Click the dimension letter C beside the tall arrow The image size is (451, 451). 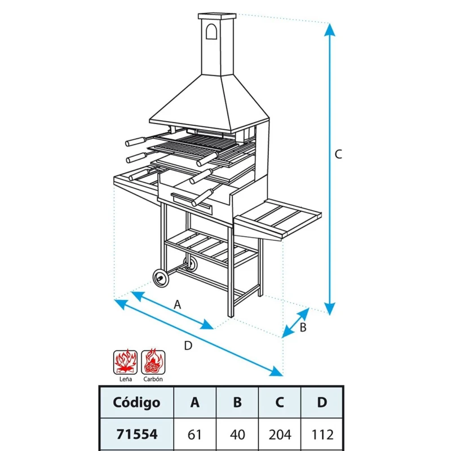(x=338, y=154)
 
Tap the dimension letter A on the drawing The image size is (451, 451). (x=177, y=304)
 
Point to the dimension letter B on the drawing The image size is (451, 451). (x=303, y=328)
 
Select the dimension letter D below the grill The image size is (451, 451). (x=188, y=346)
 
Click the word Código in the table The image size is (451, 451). (x=136, y=403)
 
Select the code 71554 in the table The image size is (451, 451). (x=136, y=435)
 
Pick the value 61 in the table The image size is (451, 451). (x=195, y=435)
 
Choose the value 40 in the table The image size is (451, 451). (x=237, y=435)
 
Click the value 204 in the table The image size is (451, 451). (x=280, y=435)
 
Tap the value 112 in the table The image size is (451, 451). (x=322, y=435)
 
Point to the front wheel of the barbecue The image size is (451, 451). (x=161, y=277)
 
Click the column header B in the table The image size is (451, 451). (x=237, y=403)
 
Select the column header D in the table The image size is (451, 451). (x=322, y=403)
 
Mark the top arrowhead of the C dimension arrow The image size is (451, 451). (x=329, y=30)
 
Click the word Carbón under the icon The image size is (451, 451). (x=153, y=379)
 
